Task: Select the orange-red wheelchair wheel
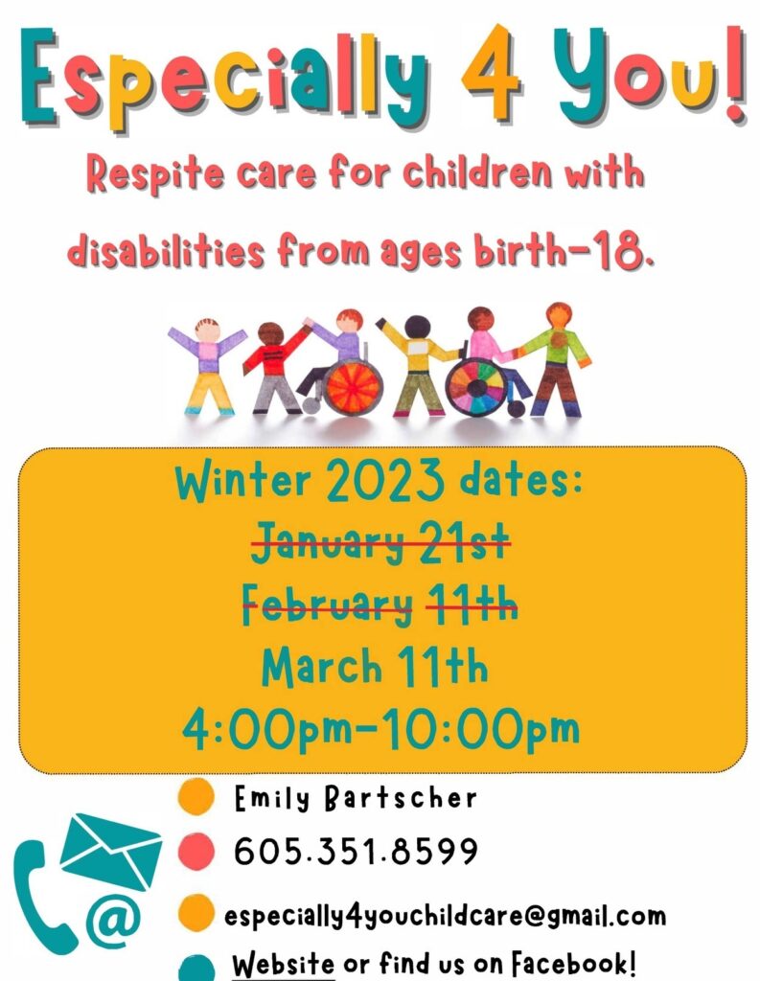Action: click(x=353, y=388)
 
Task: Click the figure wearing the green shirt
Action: click(x=555, y=360)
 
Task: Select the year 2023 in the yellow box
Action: click(x=384, y=482)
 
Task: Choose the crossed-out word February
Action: click(x=328, y=605)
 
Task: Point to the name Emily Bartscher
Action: click(x=356, y=798)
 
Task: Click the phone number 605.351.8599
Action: click(x=356, y=851)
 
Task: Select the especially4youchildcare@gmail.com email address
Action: click(x=445, y=917)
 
